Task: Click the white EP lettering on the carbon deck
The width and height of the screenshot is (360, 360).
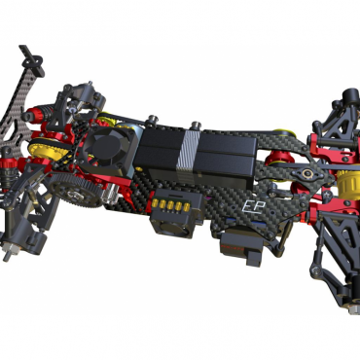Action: click(254, 206)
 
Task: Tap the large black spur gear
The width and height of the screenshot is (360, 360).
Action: click(77, 191)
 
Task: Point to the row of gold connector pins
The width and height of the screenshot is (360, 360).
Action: click(171, 205)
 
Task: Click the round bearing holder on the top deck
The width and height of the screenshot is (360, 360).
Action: click(306, 173)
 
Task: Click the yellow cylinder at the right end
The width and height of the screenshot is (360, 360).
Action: click(348, 183)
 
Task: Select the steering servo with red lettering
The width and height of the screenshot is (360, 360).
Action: click(240, 250)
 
